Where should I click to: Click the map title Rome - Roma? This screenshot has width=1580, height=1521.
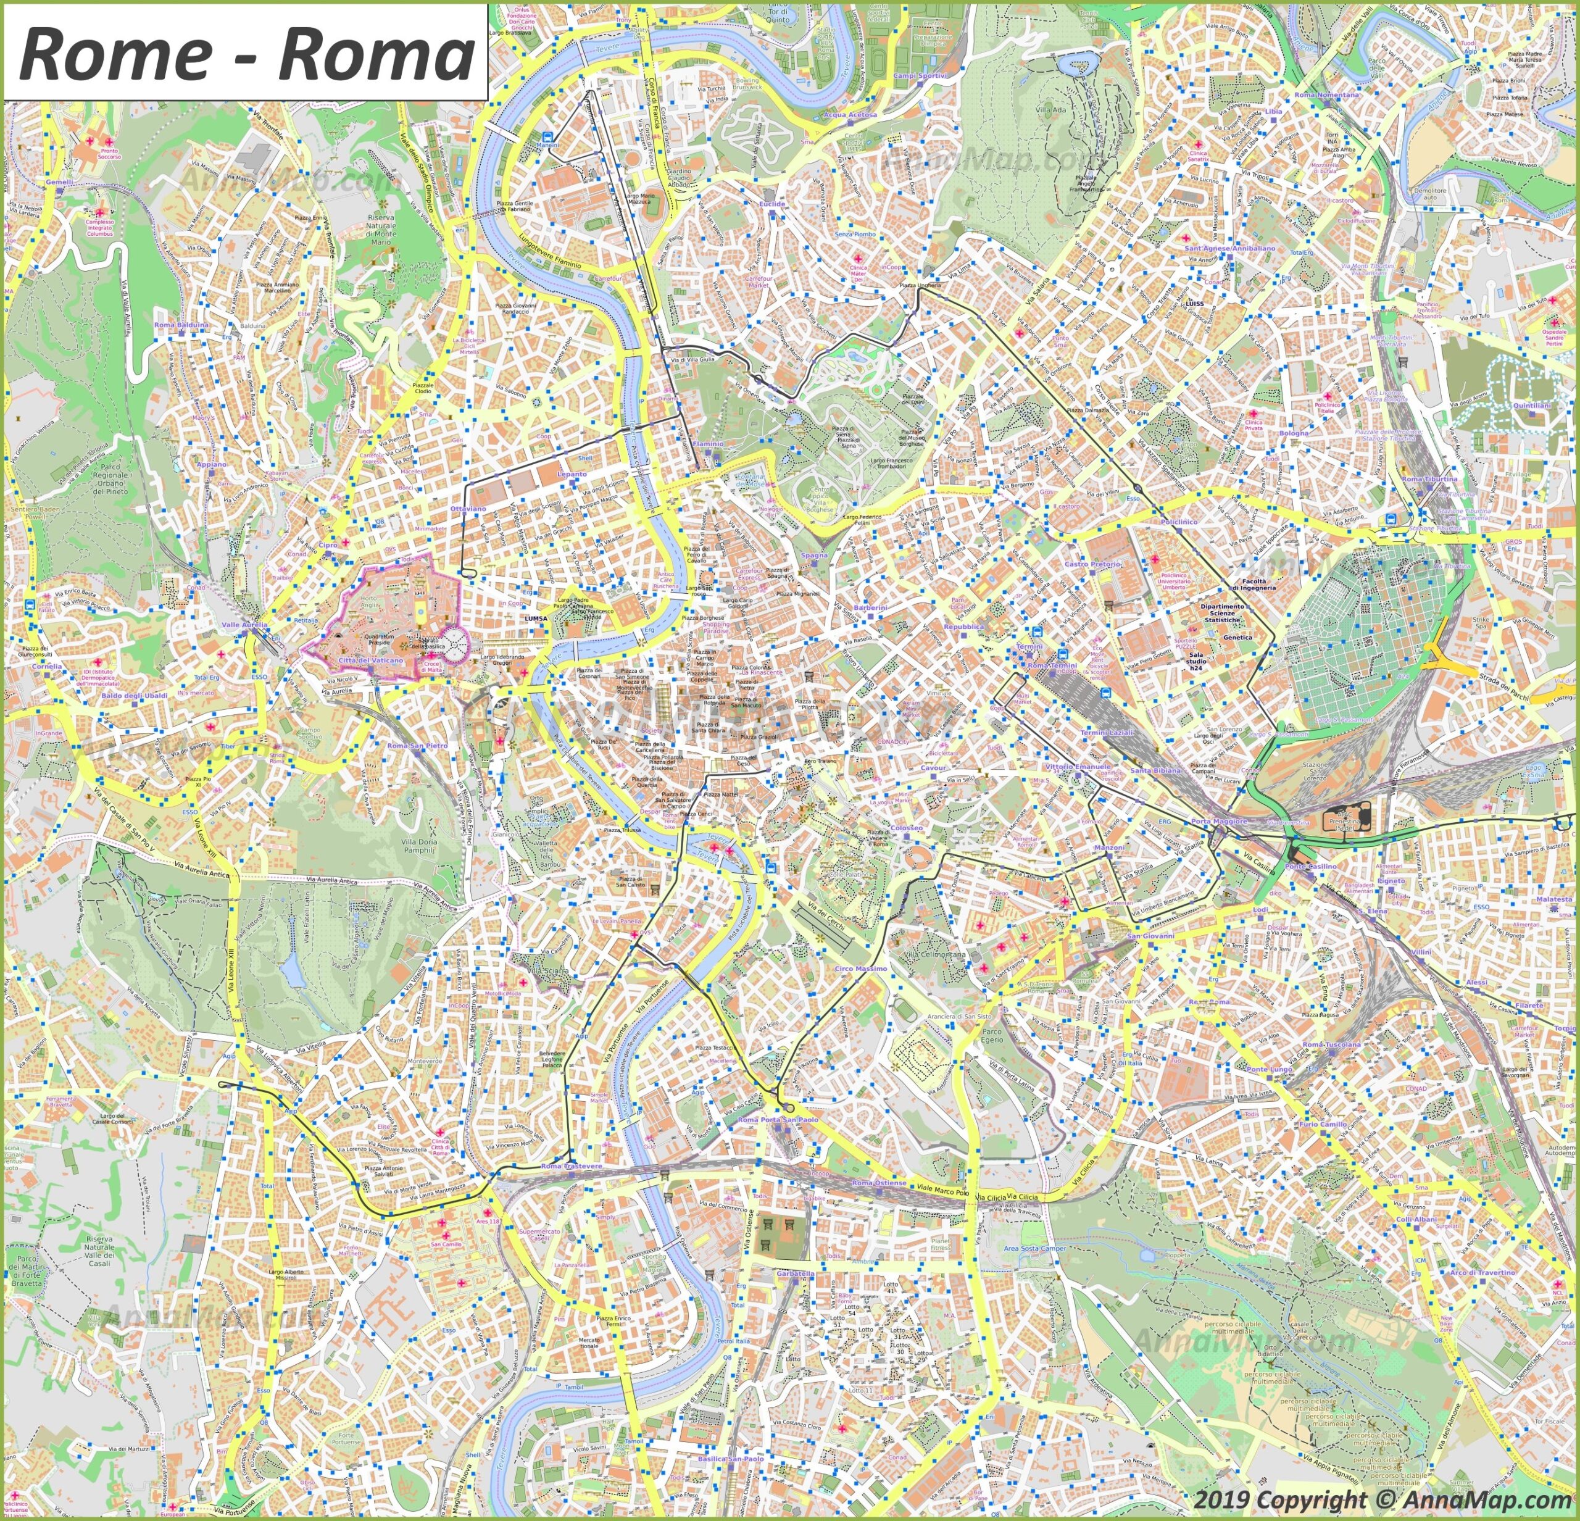point(246,52)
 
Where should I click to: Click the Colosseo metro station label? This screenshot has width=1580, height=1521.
point(907,828)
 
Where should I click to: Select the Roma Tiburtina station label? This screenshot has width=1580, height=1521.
point(1429,479)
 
